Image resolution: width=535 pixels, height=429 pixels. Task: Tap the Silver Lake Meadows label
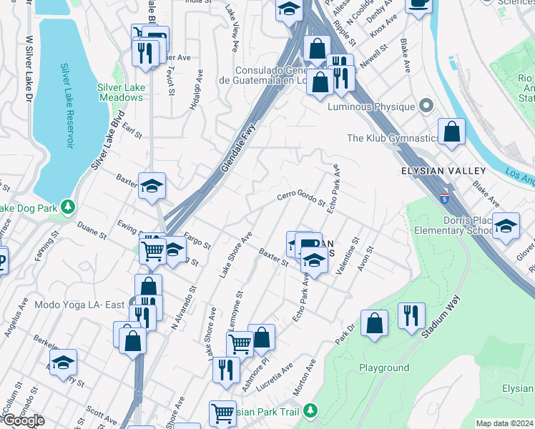[120, 92]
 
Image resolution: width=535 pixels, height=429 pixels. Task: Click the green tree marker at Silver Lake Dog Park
[68, 207]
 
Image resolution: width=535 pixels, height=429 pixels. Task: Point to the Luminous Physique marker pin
[426, 107]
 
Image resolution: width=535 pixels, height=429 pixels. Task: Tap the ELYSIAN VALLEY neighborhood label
[443, 171]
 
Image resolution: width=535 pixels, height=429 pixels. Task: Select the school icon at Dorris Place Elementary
[506, 226]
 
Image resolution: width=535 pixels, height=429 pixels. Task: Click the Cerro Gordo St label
[301, 198]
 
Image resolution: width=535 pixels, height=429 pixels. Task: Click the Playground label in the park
[384, 368]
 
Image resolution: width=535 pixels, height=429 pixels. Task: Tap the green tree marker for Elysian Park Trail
[310, 411]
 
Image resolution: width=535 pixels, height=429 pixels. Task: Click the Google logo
[23, 420]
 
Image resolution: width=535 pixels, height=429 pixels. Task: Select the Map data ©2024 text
[504, 423]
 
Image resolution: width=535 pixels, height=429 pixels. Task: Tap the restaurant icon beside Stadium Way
[411, 315]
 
